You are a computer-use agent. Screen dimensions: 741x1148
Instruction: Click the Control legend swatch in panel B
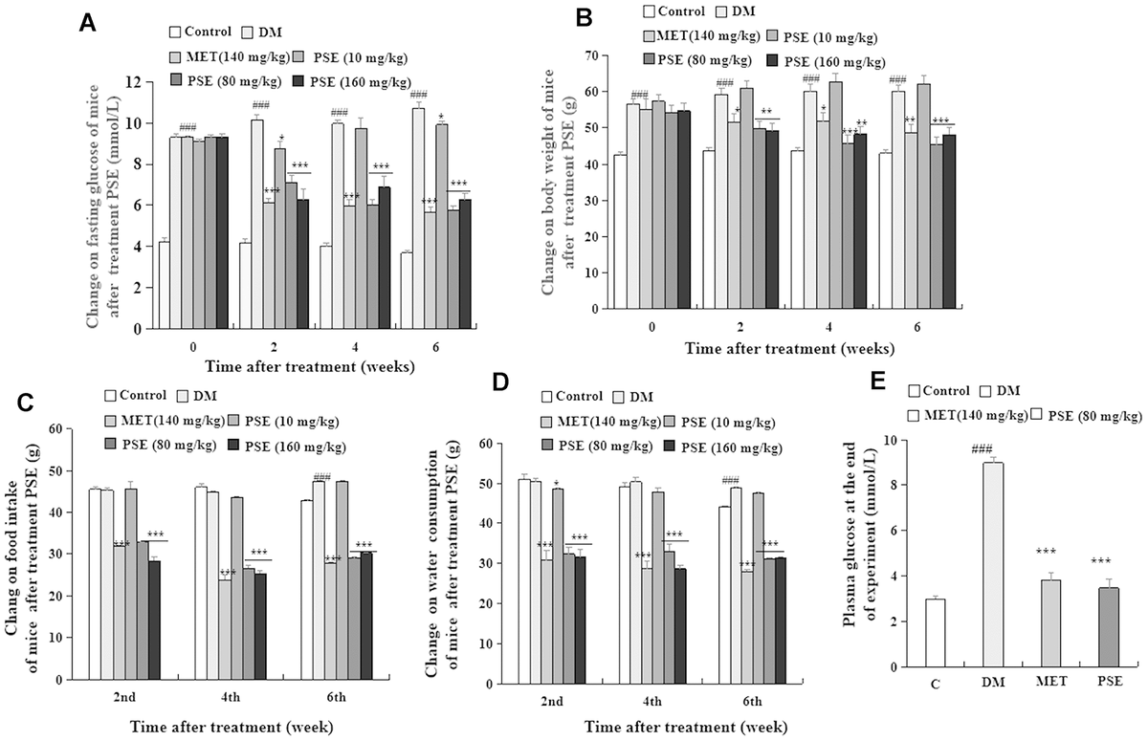[x=650, y=12]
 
